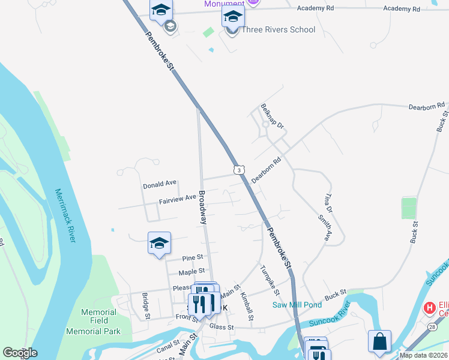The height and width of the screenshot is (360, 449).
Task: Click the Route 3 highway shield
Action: coord(238,170)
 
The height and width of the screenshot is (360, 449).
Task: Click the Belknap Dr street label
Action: coord(272,116)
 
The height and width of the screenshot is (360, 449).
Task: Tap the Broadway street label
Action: coord(203,208)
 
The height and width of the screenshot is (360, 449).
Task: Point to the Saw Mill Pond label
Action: coord(297,305)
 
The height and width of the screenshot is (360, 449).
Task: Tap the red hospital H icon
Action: coord(430,308)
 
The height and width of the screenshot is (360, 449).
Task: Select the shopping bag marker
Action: coord(379,342)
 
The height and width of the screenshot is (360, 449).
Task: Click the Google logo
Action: coord(20,353)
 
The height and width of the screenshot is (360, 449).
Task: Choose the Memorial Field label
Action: coord(99,312)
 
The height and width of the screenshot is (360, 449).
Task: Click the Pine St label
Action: coord(193,257)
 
